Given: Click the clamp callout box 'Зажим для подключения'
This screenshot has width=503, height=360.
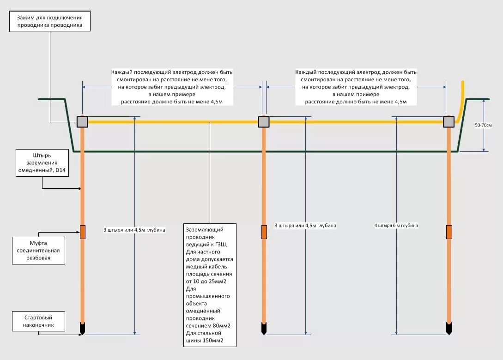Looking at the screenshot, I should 49,22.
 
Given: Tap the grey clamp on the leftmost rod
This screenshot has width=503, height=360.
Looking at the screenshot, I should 82,121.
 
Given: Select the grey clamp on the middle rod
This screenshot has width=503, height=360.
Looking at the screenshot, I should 264,121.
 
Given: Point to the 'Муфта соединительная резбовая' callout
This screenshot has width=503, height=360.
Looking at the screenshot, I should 38,250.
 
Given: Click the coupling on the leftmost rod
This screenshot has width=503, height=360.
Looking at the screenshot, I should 83,232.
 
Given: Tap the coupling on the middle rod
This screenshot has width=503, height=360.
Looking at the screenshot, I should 264,232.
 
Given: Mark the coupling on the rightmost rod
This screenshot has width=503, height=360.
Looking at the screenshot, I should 449,232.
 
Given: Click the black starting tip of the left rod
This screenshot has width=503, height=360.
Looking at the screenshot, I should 83,328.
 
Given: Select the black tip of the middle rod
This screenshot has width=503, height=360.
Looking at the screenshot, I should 264,328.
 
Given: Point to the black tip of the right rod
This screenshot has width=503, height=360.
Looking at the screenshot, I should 449,328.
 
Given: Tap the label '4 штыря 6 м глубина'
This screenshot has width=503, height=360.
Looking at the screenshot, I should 396,225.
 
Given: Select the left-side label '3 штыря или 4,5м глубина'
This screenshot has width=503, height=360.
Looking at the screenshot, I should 134,229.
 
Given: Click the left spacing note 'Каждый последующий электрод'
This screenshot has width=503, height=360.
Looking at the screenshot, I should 172,87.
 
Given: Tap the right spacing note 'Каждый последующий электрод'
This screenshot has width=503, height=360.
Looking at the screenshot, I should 356,87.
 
